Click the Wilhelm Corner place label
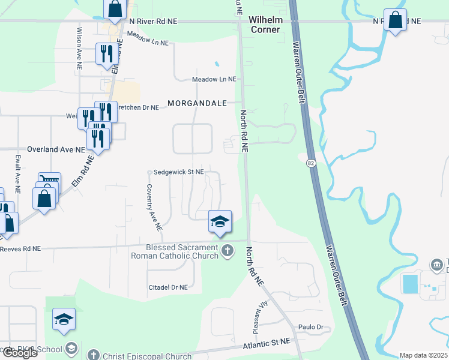pyautogui.click(x=265, y=25)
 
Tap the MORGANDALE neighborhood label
pyautogui.click(x=197, y=103)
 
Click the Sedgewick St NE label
pyautogui.click(x=178, y=172)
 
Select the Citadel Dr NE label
pyautogui.click(x=168, y=287)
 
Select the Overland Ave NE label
pyautogui.click(x=56, y=149)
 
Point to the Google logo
pyautogui.click(x=19, y=353)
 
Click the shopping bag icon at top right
pyautogui.click(x=395, y=20)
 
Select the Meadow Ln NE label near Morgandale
pyautogui.click(x=214, y=79)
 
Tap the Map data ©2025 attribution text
pyautogui.click(x=424, y=355)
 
